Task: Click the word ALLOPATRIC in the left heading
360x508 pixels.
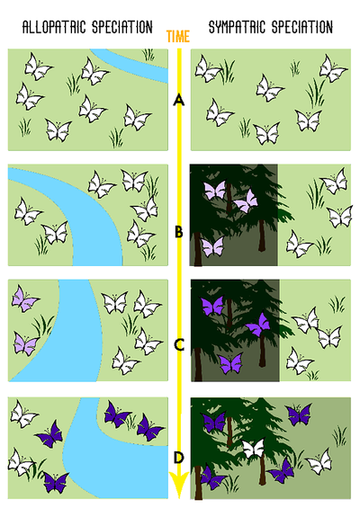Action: (x=54, y=27)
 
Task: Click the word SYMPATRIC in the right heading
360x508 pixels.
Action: (x=237, y=27)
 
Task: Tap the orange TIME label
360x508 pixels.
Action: (x=178, y=36)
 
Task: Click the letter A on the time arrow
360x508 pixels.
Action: (x=179, y=100)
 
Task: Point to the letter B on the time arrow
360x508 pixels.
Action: (x=179, y=232)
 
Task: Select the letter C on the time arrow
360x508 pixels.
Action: (x=179, y=344)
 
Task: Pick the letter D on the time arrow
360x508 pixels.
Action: (x=179, y=458)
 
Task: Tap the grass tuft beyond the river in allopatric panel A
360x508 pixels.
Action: (x=148, y=55)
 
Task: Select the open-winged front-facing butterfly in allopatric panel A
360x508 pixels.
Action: (x=58, y=129)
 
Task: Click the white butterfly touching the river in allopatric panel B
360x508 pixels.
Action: (x=56, y=233)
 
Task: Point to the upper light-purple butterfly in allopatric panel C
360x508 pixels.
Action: (x=24, y=299)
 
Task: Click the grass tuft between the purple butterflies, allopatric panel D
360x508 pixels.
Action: (x=131, y=421)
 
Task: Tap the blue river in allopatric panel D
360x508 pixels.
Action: (x=111, y=467)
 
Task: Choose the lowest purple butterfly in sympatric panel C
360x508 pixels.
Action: (x=230, y=363)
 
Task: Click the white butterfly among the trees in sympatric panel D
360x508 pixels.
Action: (x=255, y=448)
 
